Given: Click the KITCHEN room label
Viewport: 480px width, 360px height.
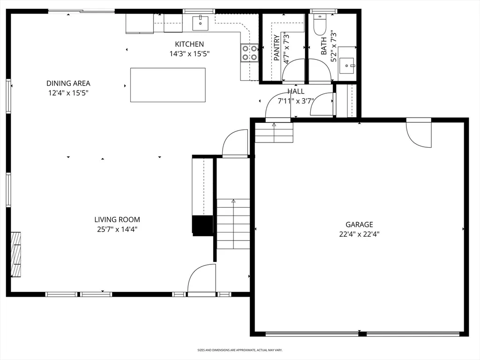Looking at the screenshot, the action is pyautogui.click(x=189, y=44).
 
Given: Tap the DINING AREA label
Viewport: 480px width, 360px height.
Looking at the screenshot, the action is pyautogui.click(x=68, y=83).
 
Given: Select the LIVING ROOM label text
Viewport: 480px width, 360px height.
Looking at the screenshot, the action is pyautogui.click(x=117, y=219).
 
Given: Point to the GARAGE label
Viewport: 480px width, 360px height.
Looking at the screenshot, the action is pyautogui.click(x=360, y=225).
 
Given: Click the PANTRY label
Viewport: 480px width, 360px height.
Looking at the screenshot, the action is pyautogui.click(x=277, y=47).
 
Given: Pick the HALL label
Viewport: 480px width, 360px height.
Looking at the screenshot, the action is pyautogui.click(x=296, y=91).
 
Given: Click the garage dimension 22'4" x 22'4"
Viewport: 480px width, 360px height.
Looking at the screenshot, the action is pyautogui.click(x=360, y=234).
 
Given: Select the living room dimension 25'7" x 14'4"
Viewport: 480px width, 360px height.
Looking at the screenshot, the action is pyautogui.click(x=117, y=229).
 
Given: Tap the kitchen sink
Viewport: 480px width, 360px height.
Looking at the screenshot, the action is pyautogui.click(x=200, y=23).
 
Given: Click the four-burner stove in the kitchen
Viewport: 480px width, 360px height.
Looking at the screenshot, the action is pyautogui.click(x=249, y=53).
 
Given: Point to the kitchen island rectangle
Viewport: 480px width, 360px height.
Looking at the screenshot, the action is pyautogui.click(x=168, y=85).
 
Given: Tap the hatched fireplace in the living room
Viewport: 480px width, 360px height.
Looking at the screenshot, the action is pyautogui.click(x=16, y=255).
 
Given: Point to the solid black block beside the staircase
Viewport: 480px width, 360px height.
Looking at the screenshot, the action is pyautogui.click(x=202, y=225).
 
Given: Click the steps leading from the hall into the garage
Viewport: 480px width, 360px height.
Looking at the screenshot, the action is pyautogui.click(x=274, y=132).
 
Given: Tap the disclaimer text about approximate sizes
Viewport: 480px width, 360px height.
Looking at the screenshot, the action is pyautogui.click(x=240, y=350).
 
